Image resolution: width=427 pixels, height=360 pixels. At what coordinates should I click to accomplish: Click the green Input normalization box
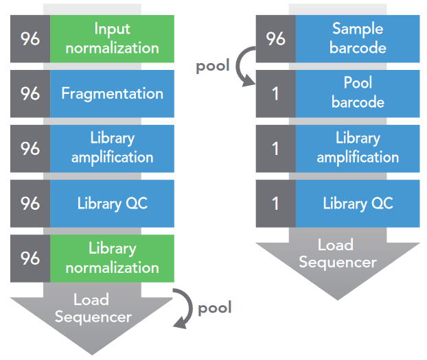(x=112, y=38)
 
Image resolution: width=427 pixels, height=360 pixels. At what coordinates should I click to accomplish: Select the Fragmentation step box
(x=112, y=93)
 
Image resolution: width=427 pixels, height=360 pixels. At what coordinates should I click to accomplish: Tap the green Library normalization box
(x=112, y=258)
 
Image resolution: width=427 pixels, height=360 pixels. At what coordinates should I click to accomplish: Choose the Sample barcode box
(x=358, y=38)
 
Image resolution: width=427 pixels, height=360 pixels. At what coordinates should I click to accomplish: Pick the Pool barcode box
(x=358, y=93)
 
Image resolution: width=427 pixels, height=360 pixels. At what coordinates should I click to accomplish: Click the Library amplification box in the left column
(x=112, y=147)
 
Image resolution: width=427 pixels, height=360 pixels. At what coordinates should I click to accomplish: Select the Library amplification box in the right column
(x=358, y=147)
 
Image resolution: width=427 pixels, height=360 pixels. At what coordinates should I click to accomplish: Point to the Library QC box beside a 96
(x=112, y=203)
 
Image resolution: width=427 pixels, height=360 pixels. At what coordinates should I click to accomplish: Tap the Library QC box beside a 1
(x=358, y=203)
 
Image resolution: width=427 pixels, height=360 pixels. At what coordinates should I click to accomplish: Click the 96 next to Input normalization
(x=30, y=38)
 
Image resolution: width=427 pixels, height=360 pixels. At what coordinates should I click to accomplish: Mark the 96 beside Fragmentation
(x=30, y=93)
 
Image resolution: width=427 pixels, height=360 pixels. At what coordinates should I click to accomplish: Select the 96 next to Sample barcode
(x=275, y=38)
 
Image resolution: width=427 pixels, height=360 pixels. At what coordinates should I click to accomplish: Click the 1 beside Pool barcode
(x=275, y=93)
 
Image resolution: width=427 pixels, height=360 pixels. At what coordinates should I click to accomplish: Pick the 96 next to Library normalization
(x=30, y=258)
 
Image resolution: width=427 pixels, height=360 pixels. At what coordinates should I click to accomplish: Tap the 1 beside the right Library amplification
(x=275, y=147)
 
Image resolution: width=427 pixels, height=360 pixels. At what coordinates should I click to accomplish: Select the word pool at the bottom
(x=215, y=308)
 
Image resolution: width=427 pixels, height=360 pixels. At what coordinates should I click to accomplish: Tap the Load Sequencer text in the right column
(x=338, y=253)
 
